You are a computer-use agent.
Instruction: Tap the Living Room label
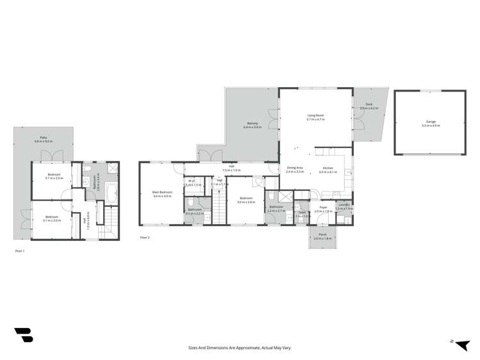(x=315, y=115)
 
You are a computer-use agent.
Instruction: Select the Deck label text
(x=369, y=104)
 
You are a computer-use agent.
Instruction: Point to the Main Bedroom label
(x=162, y=192)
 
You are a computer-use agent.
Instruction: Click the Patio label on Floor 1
(x=44, y=137)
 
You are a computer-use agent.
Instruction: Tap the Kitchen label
(x=327, y=168)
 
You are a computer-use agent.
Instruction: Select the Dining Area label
(x=295, y=168)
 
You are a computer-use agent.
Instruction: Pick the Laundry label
(x=345, y=205)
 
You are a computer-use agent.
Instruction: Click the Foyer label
(x=323, y=208)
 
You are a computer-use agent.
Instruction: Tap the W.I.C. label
(x=192, y=181)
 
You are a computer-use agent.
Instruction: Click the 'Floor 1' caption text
(x=20, y=252)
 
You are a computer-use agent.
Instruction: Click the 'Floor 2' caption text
(x=145, y=237)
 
